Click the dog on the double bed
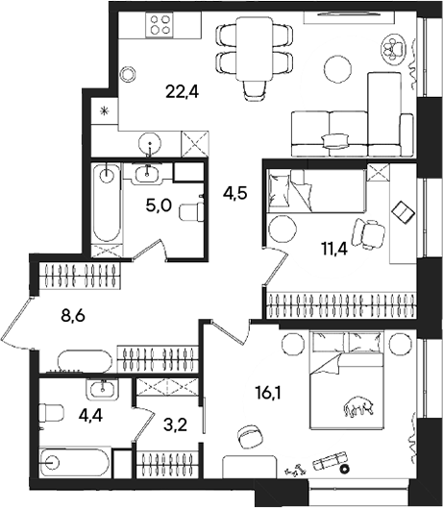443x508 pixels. point(357,409)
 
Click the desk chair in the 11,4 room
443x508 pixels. point(366,231)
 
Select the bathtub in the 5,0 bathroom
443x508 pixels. point(106,205)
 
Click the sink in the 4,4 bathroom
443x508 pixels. point(101,389)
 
